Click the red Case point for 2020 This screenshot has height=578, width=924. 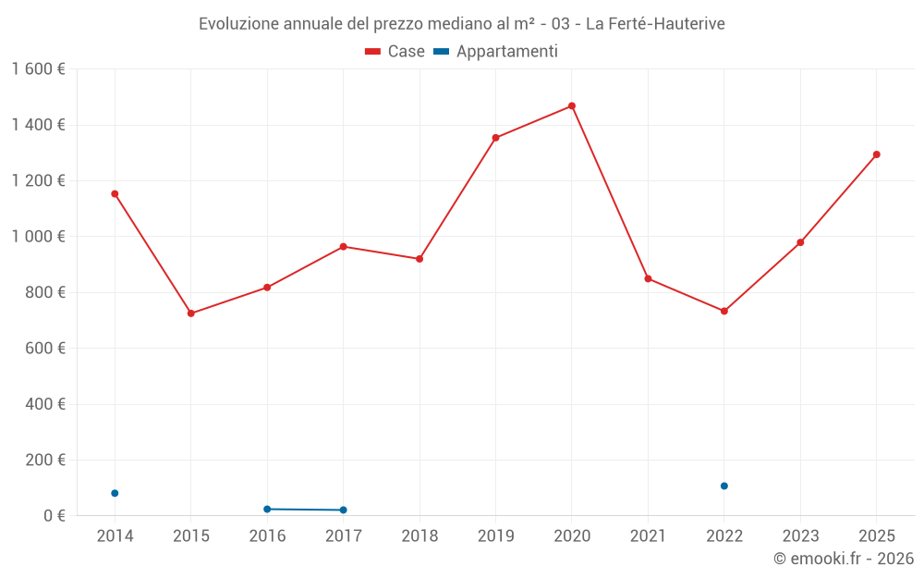[572, 106]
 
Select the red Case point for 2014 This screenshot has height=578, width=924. [115, 194]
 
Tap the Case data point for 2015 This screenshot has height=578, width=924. [191, 314]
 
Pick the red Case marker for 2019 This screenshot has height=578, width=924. [496, 138]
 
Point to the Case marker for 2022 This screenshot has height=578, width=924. [724, 312]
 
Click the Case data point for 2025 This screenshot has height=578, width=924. [877, 154]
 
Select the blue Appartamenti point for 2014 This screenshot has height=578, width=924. [115, 493]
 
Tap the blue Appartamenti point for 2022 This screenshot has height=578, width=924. [724, 486]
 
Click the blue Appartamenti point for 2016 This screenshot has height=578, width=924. [267, 509]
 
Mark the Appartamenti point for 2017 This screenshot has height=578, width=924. [344, 510]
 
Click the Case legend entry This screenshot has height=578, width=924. [395, 52]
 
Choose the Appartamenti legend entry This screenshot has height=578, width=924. [496, 52]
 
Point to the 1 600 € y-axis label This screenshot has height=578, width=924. [39, 69]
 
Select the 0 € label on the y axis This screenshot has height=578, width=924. [54, 515]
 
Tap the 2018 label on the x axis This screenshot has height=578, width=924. [419, 536]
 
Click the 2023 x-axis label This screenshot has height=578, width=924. [800, 536]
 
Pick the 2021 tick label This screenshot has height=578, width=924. [648, 536]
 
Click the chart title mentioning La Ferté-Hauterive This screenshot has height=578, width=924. [462, 23]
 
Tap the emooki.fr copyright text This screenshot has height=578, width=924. [844, 559]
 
